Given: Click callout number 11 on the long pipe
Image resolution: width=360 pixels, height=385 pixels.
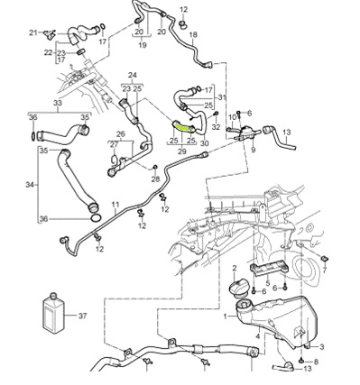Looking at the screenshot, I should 115,206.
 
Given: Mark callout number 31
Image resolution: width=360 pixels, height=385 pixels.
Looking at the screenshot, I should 220,97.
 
